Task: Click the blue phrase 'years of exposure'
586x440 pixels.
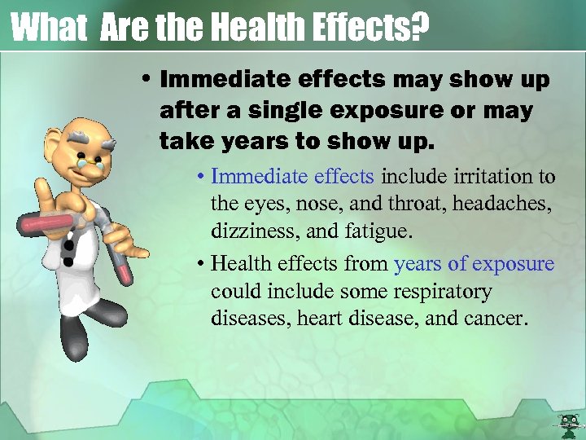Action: pos(474,264)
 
